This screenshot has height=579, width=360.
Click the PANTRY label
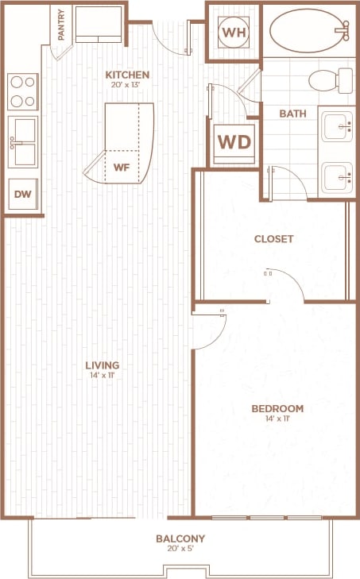[x=61, y=25]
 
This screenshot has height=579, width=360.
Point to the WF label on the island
[x=122, y=168]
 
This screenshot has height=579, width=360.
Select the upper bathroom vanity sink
[x=337, y=125]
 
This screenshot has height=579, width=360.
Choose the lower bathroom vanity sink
[x=337, y=176]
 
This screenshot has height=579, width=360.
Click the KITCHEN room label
[x=127, y=75]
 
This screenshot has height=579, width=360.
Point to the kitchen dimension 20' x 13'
[x=127, y=86]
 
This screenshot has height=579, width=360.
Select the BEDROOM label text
[x=277, y=409]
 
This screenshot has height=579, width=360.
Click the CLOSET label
[x=274, y=238]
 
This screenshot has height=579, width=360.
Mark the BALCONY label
[x=181, y=538]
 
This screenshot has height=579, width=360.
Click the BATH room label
[x=292, y=114]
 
